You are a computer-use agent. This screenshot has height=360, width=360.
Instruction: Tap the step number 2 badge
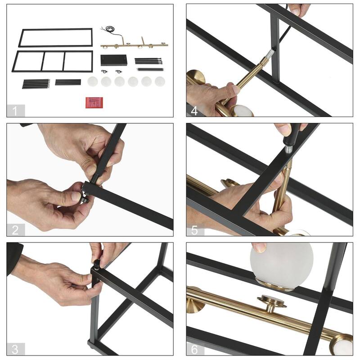tap(15, 230)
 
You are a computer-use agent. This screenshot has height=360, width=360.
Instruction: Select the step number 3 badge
tap(15, 349)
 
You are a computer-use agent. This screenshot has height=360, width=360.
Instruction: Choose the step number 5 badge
tap(195, 230)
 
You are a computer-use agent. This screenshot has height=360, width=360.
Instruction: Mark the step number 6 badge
tap(195, 349)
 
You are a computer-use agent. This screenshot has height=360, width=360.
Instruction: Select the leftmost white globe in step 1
tap(92, 81)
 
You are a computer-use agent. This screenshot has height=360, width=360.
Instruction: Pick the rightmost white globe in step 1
tap(160, 81)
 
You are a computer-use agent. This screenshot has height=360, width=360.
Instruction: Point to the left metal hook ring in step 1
tap(104, 72)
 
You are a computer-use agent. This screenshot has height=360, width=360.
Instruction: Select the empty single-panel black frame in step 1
tap(55, 38)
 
